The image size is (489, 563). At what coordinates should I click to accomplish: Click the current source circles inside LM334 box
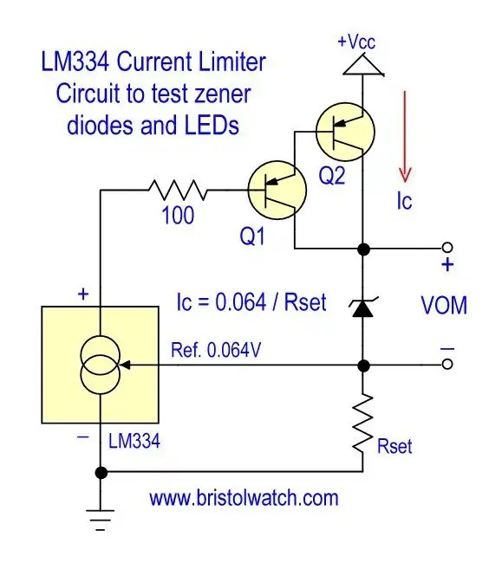(101, 366)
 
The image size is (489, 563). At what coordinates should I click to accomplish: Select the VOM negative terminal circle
(447, 365)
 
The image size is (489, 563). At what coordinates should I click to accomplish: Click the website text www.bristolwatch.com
(244, 499)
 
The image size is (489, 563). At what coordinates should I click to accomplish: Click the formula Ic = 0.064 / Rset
(251, 302)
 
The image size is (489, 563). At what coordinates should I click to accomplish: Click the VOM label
(444, 306)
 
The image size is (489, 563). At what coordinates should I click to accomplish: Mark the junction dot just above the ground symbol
(101, 472)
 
